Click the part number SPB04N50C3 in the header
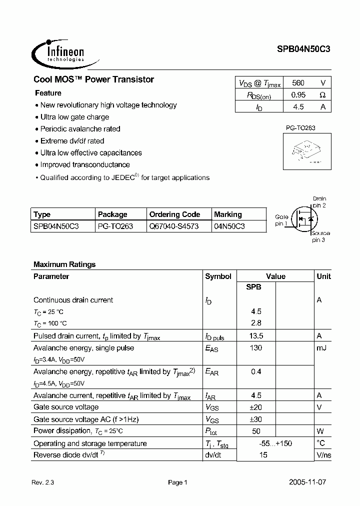pos(303,49)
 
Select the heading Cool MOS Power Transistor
pos(93,79)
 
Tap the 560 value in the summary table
pos(297,83)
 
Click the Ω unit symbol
pos(322,94)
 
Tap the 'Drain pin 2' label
pos(319,202)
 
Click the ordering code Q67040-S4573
pos(173,226)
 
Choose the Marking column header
pos(228,214)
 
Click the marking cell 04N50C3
pos(229,226)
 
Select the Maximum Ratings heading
pos(64,264)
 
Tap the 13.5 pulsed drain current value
pos(255,336)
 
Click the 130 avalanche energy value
pos(255,348)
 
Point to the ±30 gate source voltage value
pos(255,419)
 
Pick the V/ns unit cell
pos(323,455)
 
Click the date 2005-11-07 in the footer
pos(308,482)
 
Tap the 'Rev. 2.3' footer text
pos(42,483)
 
